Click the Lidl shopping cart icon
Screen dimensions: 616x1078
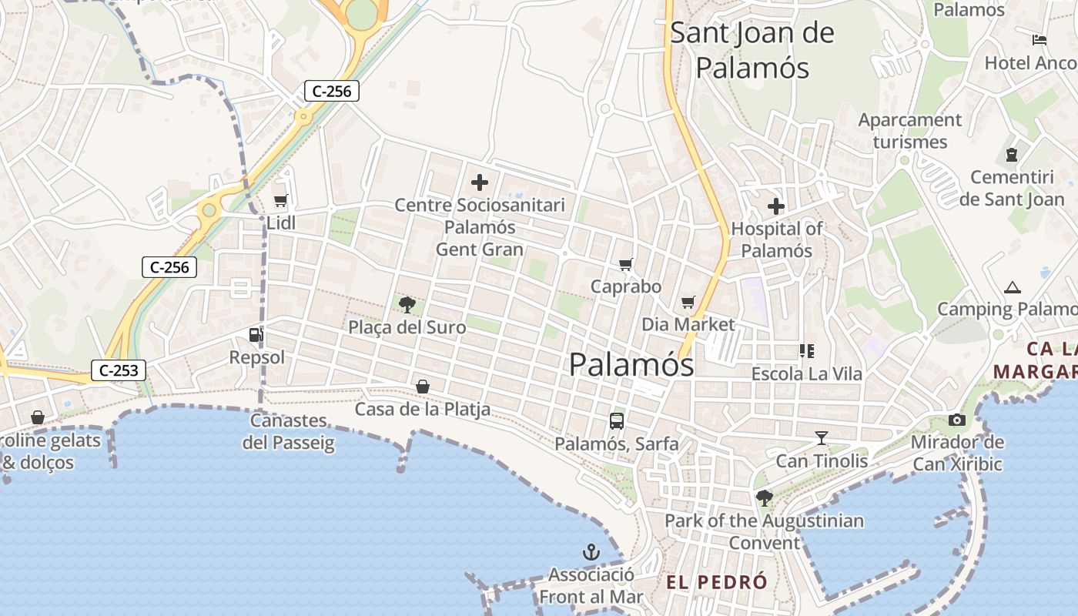tap(280, 201)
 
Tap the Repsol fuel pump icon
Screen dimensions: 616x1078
tap(255, 335)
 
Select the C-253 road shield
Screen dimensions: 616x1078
tap(119, 370)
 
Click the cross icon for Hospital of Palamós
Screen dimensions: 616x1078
tap(775, 206)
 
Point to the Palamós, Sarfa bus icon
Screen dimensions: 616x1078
tap(617, 421)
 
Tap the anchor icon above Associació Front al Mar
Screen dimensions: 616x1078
tap(591, 552)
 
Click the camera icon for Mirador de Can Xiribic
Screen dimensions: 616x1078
tap(957, 420)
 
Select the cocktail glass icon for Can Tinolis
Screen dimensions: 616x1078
tap(822, 438)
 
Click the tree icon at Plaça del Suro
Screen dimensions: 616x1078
tap(407, 305)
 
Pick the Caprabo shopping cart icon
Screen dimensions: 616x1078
tap(626, 264)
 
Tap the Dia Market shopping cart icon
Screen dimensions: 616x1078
tap(688, 302)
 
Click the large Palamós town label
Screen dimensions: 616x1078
tap(631, 364)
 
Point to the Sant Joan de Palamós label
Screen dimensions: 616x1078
tap(752, 50)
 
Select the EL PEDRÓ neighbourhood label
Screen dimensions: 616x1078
tap(717, 582)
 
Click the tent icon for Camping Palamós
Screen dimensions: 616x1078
tap(1012, 287)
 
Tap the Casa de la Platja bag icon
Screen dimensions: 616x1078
tap(423, 387)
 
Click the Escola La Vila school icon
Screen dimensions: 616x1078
tap(806, 351)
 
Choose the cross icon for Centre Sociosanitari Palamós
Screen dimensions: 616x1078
tap(480, 182)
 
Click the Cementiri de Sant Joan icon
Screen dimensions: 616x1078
tap(1011, 155)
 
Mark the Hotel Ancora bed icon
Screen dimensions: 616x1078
tap(1039, 40)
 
